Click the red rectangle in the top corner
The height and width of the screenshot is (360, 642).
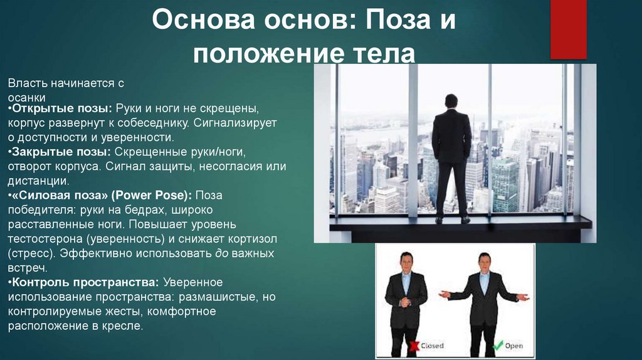568,28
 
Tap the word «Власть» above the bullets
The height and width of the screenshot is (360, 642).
27,83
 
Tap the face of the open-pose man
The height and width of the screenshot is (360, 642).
484,262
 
